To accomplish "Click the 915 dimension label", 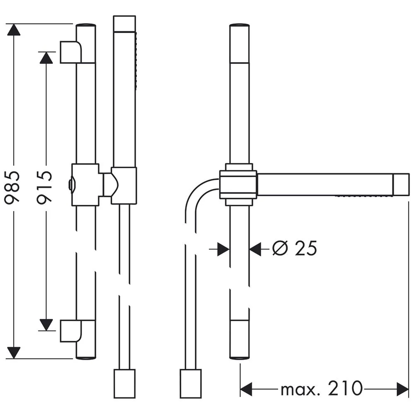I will (x=45, y=186).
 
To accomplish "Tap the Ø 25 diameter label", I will (x=295, y=248).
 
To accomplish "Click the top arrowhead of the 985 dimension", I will (x=14, y=31).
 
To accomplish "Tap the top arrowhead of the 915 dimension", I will (x=46, y=58).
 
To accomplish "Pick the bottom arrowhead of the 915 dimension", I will (x=46, y=325).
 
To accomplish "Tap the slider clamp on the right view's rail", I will (x=238, y=185).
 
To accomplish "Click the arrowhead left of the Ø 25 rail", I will (x=224, y=249).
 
